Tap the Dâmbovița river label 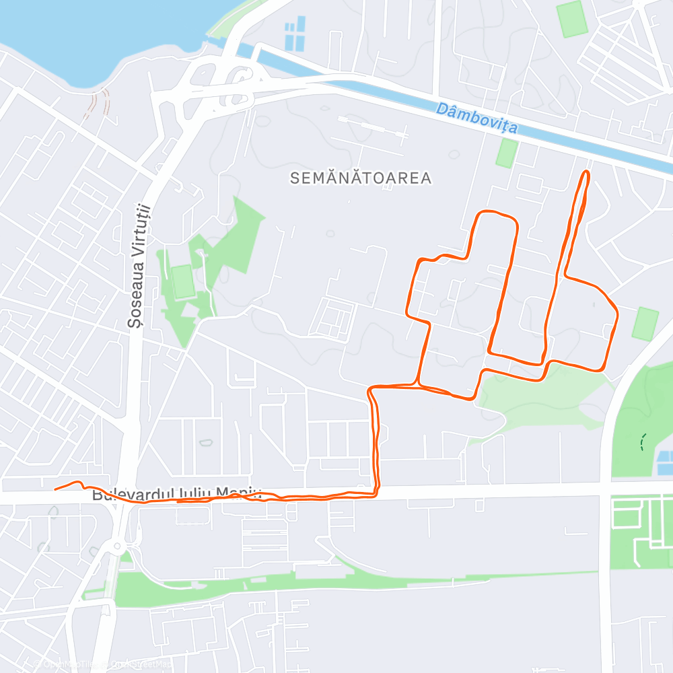[476, 117]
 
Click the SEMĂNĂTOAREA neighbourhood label [361, 178]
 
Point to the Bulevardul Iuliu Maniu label [176, 495]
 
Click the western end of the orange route [55, 489]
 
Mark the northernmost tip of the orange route [586, 173]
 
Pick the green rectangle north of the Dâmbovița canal [572, 19]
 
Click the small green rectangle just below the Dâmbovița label [506, 153]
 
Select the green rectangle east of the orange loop [645, 323]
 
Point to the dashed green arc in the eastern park [643, 441]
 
